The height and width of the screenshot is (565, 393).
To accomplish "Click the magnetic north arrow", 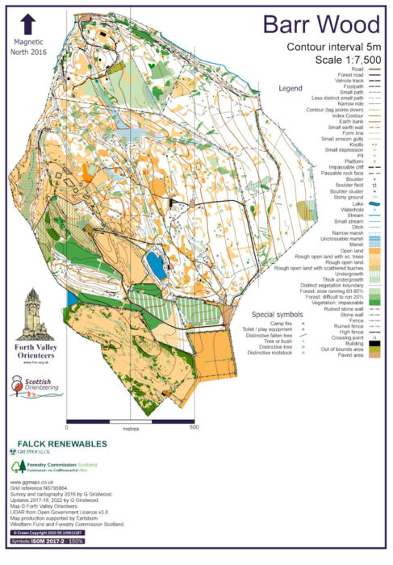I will point(29,26).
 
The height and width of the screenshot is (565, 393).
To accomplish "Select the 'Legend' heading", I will point(291,87).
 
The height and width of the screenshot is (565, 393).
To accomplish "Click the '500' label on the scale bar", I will point(194,429).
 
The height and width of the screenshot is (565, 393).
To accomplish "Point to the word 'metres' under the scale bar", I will point(131,429).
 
